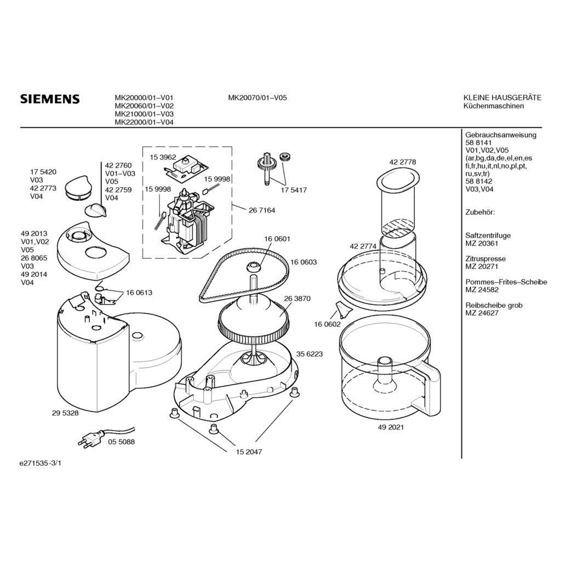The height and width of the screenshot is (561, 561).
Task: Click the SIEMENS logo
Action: point(50,99)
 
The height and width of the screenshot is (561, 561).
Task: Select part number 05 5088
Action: point(121,442)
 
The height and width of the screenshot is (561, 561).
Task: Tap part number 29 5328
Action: point(65,413)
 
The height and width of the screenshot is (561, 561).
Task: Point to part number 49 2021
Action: point(391,427)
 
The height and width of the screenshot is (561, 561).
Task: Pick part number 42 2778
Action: point(403,162)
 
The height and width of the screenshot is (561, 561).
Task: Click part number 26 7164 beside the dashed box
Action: point(261,210)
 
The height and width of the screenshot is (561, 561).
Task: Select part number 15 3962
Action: point(163,157)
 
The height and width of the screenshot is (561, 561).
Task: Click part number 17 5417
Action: point(294,190)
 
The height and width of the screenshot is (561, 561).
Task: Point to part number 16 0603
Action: point(304,262)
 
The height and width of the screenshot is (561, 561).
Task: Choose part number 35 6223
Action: point(310,354)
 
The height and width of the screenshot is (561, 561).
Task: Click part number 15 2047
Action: point(249,452)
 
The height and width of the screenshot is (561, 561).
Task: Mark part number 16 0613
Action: point(139,293)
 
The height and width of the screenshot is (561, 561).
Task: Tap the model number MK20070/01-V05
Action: point(257,98)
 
